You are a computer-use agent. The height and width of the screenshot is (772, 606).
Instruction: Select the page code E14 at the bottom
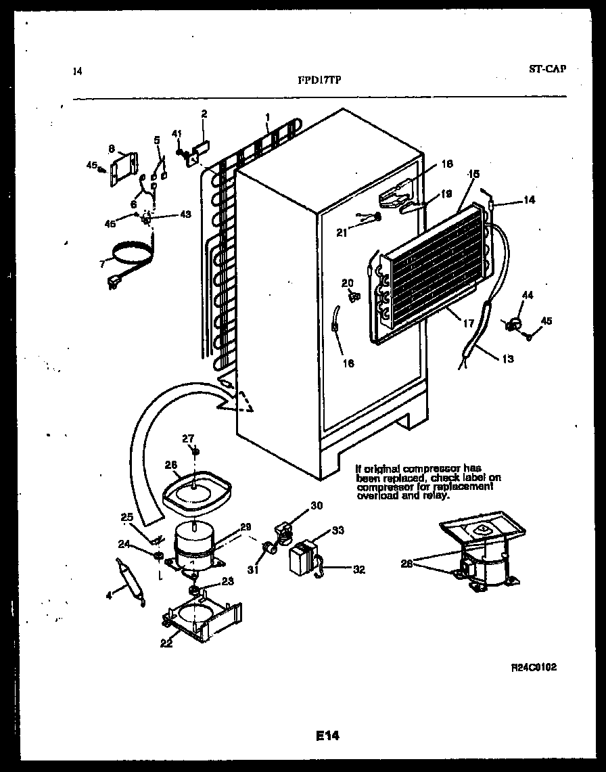[x=326, y=735]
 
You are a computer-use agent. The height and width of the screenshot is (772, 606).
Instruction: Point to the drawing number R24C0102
[x=534, y=666]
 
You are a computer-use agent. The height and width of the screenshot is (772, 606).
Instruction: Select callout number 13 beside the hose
[x=507, y=359]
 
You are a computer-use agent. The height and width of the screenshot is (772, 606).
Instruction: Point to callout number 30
[x=317, y=505]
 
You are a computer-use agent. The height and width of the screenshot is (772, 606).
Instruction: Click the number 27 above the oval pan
[x=187, y=438]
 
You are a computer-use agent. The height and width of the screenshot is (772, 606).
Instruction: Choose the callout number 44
[x=528, y=295]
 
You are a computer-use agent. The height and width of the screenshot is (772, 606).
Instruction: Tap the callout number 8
[x=111, y=147]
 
